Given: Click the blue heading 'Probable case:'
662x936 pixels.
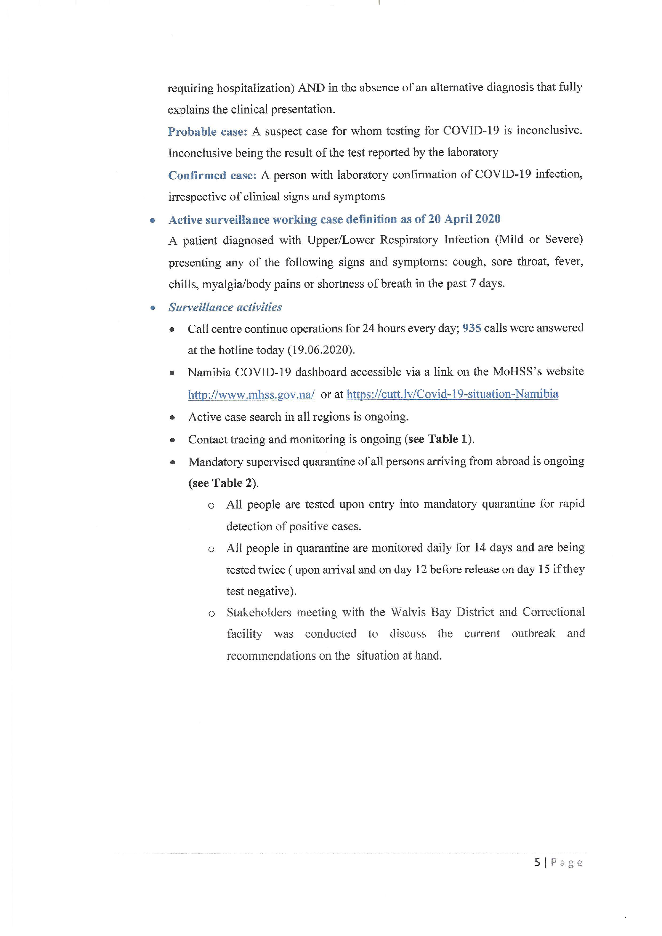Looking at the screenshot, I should (x=208, y=132).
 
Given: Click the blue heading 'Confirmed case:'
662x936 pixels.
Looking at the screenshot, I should (x=212, y=175).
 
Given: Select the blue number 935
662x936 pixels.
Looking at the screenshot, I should (x=472, y=328).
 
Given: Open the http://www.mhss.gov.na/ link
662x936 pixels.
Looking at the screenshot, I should (x=251, y=395).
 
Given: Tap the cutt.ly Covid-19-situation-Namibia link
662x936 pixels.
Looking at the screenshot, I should (x=452, y=394).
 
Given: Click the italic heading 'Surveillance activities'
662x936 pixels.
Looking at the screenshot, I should (x=225, y=307).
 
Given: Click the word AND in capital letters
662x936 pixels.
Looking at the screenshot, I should (x=311, y=88).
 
